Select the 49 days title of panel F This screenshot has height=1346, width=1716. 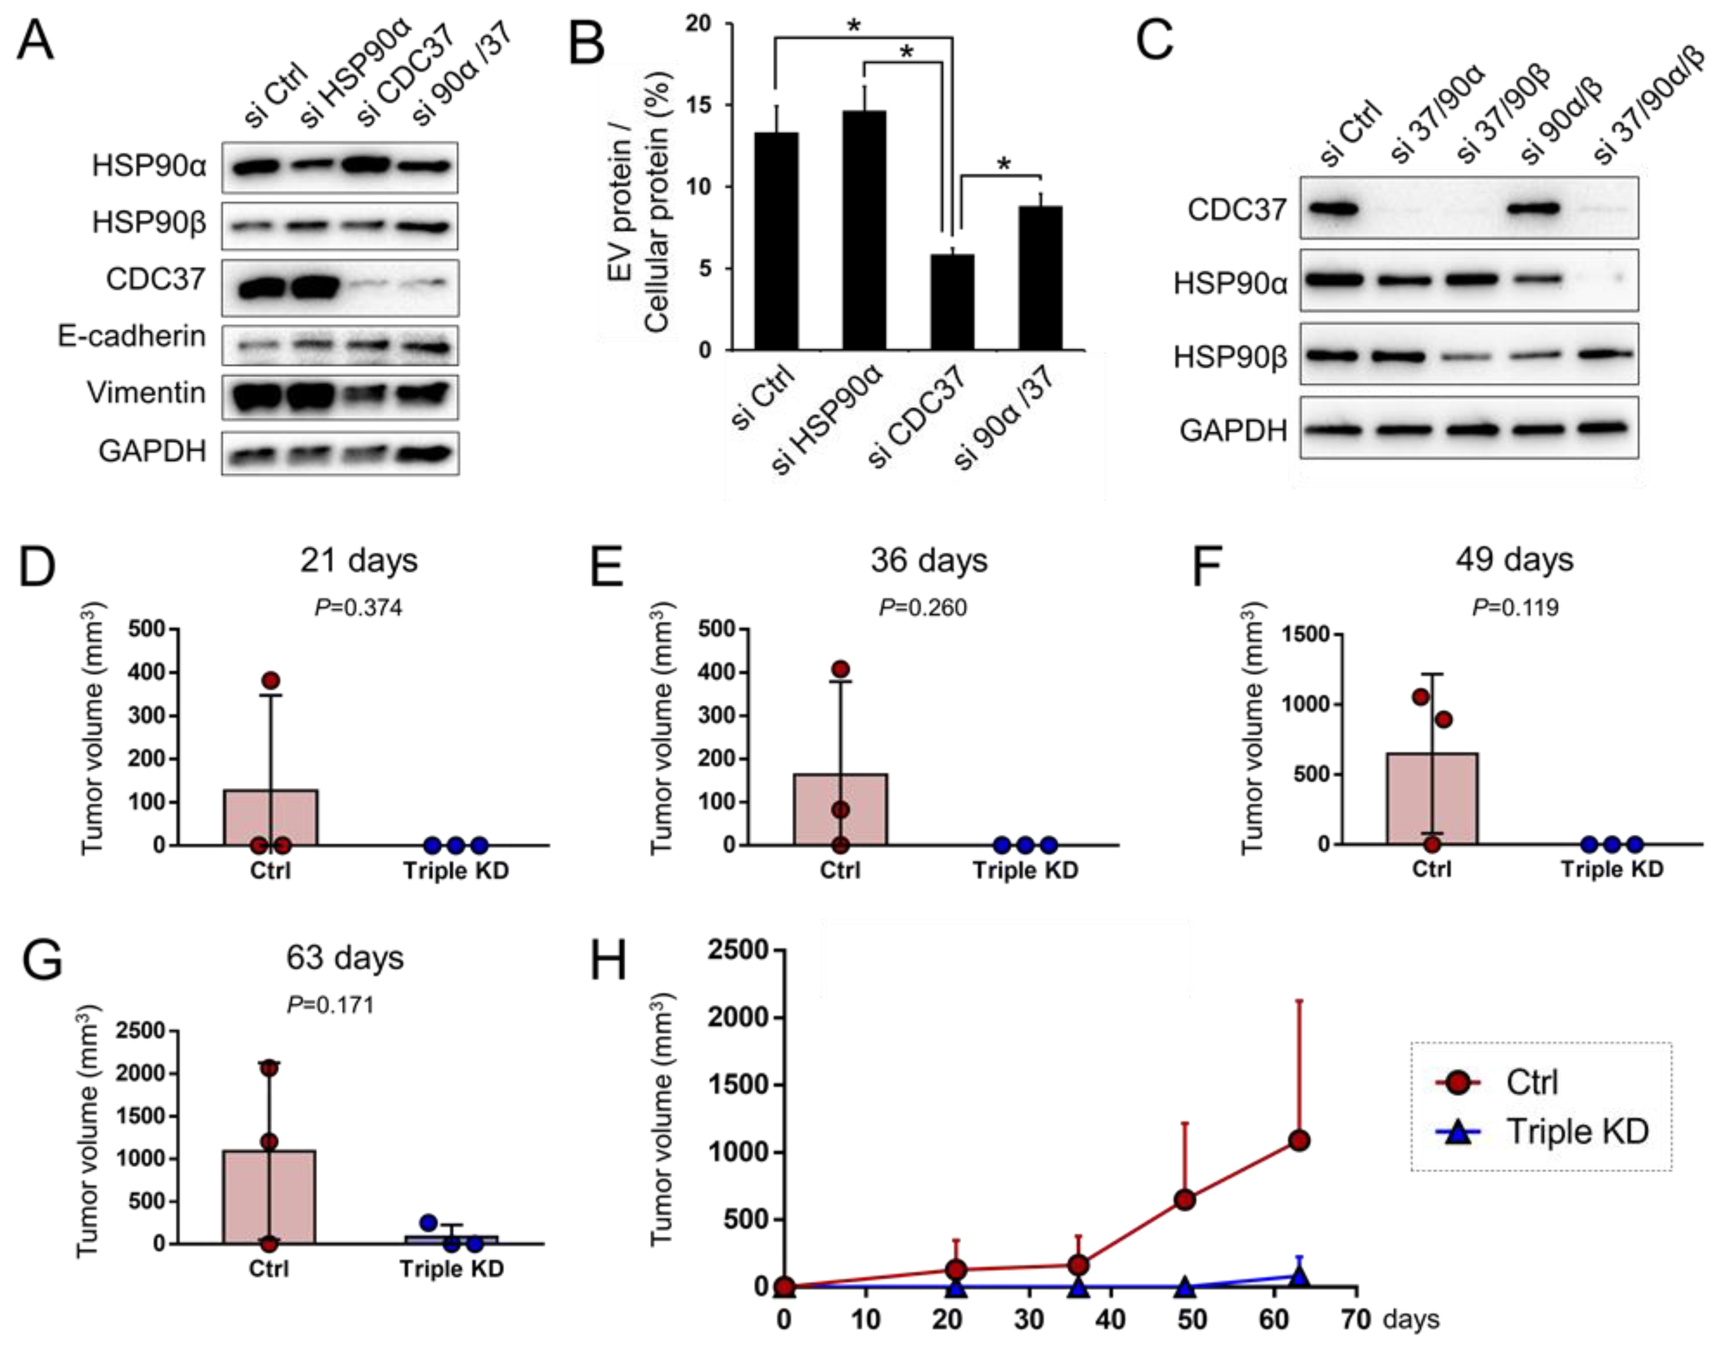1514,559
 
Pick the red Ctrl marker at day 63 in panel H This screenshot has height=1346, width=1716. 1299,1140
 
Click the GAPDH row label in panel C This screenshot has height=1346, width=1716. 1233,430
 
